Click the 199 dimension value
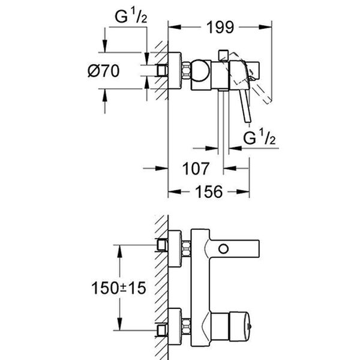point(220,27)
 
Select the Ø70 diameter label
point(104,70)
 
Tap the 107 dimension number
point(196,169)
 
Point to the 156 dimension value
point(209,192)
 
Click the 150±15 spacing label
point(118,288)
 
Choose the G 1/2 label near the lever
point(259,137)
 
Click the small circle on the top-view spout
point(223,249)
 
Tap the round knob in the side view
point(200,71)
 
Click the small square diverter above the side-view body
point(223,55)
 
